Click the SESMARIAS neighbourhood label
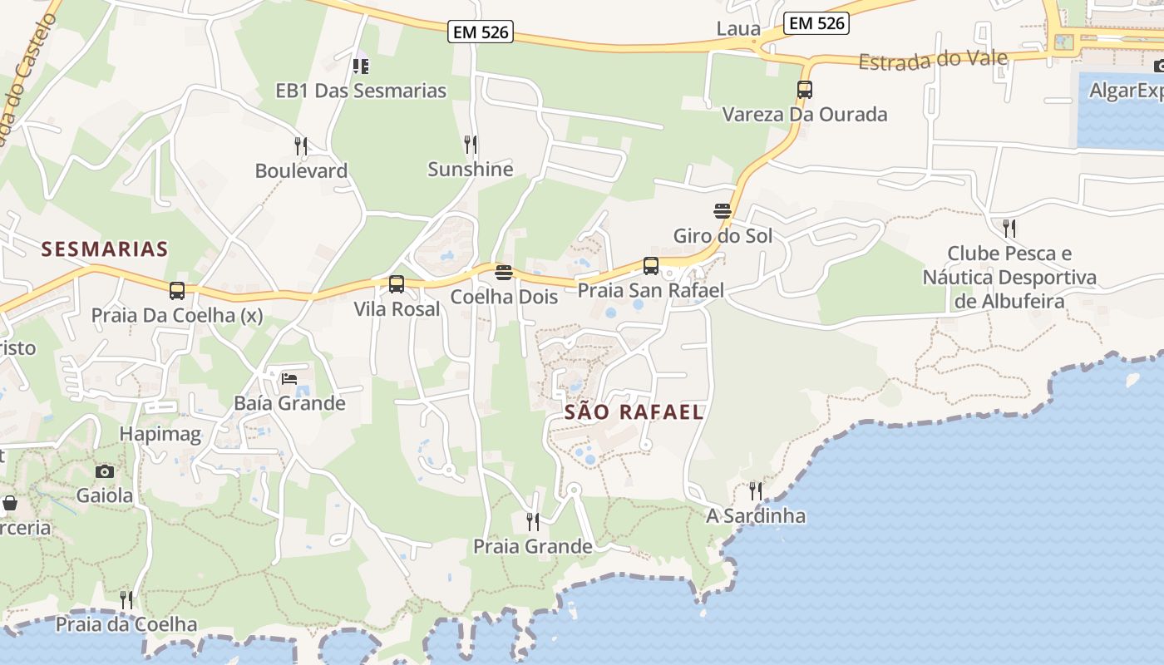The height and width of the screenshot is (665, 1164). click(105, 249)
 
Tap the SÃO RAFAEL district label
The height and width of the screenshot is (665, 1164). click(634, 411)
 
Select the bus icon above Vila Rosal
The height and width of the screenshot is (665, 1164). click(397, 284)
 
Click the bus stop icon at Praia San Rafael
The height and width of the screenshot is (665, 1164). click(651, 266)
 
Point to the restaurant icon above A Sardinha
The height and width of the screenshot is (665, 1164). click(756, 490)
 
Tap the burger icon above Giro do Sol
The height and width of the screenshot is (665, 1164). click(723, 211)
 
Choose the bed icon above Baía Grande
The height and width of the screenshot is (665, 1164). click(289, 379)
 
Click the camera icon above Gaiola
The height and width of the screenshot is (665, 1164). click(105, 471)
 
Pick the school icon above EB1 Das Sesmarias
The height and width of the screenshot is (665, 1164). click(361, 66)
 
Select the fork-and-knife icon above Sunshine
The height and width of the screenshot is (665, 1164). click(471, 145)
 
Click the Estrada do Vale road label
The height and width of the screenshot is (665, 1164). click(933, 60)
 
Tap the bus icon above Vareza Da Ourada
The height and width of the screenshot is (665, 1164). click(805, 90)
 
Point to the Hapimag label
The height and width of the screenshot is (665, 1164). click(160, 433)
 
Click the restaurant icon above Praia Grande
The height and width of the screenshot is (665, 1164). click(533, 521)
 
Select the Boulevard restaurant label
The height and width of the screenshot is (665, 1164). click(301, 170)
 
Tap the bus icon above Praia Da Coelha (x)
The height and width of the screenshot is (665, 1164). click(177, 291)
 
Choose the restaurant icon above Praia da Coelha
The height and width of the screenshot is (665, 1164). click(126, 599)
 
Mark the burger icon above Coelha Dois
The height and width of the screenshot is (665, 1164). click(504, 273)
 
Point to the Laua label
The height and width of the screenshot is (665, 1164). click(738, 29)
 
